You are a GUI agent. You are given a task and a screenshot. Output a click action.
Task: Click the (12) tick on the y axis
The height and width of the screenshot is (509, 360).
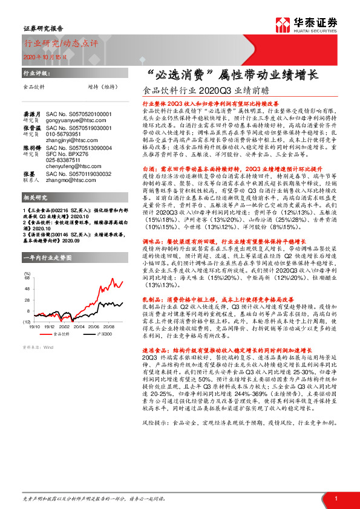pyautogui.click(x=27, y=324)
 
